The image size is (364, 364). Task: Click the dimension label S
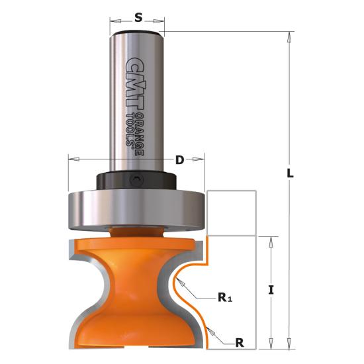point(138,17)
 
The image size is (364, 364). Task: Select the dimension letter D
point(179,160)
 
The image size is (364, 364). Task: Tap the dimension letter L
point(290,173)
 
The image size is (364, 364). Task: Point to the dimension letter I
point(271,290)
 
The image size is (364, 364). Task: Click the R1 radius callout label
point(225,297)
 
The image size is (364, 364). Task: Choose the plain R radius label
point(240,343)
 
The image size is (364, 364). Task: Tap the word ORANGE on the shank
point(140,134)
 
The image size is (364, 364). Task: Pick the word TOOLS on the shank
point(130,130)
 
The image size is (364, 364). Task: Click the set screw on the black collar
point(136,180)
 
